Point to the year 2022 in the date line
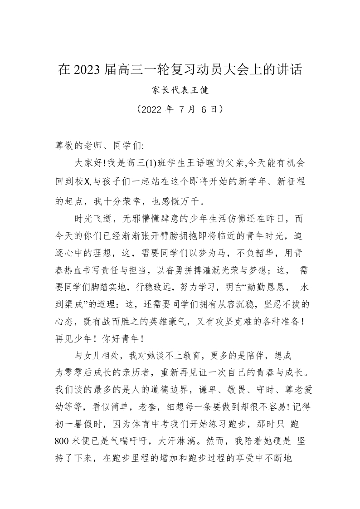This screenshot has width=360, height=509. [147, 109]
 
